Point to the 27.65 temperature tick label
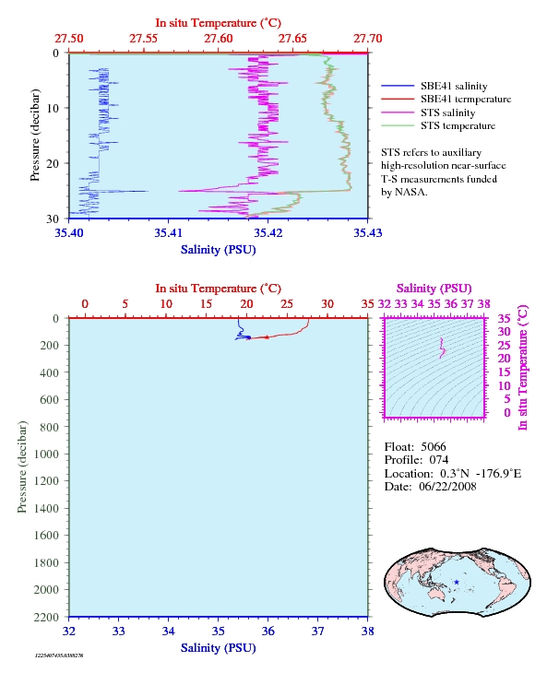(x=292, y=39)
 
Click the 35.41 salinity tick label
(x=168, y=232)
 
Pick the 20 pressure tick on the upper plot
(x=53, y=163)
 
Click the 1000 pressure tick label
(x=46, y=455)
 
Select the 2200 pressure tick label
(x=46, y=617)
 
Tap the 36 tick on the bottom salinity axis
(x=268, y=632)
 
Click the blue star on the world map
(x=457, y=583)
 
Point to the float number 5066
(x=434, y=447)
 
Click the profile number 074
(x=439, y=460)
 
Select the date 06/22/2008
(x=447, y=487)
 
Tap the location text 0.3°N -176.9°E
(x=481, y=474)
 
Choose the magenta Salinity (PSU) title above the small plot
(x=434, y=289)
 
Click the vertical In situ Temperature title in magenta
(x=522, y=368)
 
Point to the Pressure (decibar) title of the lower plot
(x=22, y=467)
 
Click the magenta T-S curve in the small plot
(x=442, y=348)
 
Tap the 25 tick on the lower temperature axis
(x=287, y=304)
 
